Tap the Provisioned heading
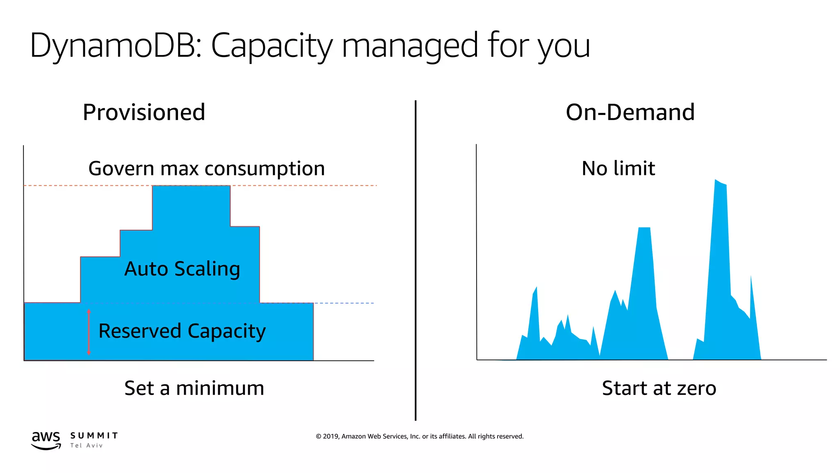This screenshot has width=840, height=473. click(144, 113)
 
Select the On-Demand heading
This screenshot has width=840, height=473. click(630, 113)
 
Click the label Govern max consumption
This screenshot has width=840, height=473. click(207, 169)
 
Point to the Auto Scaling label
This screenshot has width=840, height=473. click(182, 269)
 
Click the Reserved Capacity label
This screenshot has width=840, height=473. click(182, 331)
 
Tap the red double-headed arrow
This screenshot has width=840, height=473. click(89, 332)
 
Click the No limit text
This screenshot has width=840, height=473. click(618, 169)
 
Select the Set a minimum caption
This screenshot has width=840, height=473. click(194, 388)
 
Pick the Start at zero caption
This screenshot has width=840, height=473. click(659, 388)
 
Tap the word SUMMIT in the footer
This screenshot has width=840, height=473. click(94, 436)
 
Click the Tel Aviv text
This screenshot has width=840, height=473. click(86, 446)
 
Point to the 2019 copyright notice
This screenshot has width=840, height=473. click(420, 436)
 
